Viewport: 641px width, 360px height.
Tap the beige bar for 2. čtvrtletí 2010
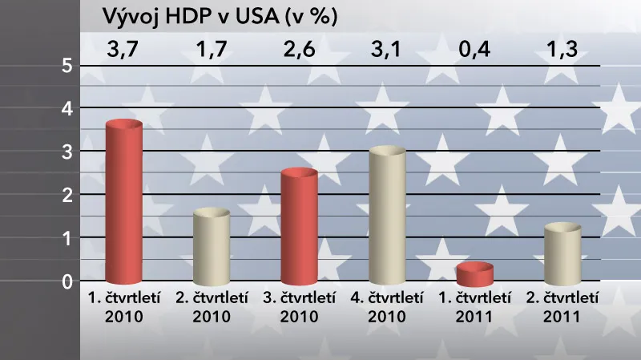212,246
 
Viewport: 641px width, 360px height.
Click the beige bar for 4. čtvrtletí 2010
388,216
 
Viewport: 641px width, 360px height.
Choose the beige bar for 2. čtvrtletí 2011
562,254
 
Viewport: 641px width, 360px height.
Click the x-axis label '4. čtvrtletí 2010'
388,306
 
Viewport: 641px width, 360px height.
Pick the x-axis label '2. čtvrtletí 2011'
562,306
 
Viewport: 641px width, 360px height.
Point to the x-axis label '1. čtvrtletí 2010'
124,306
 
